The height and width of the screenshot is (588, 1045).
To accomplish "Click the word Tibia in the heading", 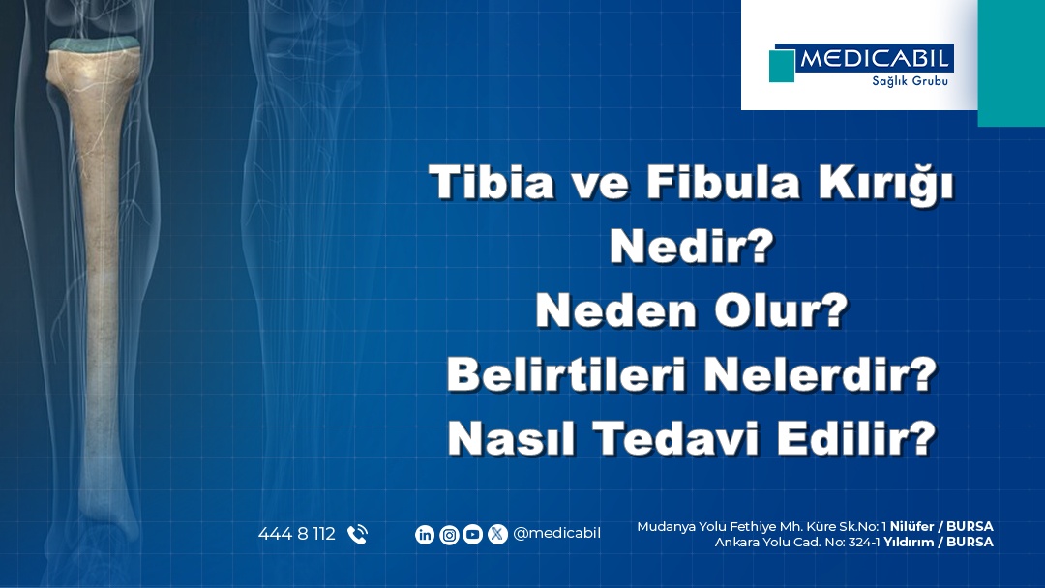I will [491, 183].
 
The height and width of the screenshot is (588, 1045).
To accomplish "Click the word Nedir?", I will [693, 249].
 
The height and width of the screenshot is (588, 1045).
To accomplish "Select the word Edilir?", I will [865, 439].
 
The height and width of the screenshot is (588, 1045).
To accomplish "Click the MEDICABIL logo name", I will [876, 59].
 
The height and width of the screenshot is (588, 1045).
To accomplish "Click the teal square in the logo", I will [782, 66].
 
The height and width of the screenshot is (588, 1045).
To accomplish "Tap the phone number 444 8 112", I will [296, 534].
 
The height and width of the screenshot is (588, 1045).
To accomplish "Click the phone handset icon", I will [357, 534].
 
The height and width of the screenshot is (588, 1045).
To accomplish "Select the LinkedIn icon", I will [425, 534].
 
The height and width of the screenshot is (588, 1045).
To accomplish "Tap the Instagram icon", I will [449, 534].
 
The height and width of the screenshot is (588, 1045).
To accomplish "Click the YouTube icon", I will [473, 534].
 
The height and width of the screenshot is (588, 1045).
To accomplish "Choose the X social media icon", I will [497, 534].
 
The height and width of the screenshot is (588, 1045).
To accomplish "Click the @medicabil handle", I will [556, 534].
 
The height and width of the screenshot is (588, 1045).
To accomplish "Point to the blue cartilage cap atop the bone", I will [95, 44].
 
